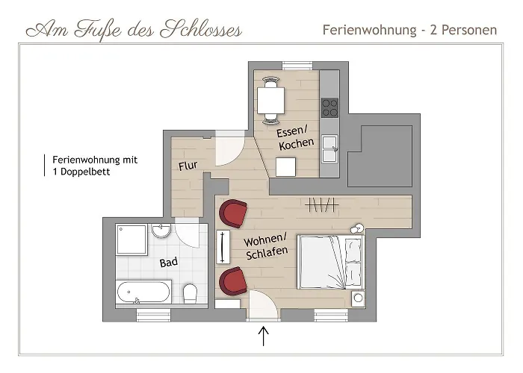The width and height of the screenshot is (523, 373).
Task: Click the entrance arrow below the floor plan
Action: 264,337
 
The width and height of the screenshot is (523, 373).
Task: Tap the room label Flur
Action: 187,166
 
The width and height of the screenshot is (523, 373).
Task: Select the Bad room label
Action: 169,262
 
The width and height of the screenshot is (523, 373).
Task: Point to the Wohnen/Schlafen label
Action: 265,248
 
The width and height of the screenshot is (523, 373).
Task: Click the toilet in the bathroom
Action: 190,292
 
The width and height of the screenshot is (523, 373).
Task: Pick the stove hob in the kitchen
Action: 329,108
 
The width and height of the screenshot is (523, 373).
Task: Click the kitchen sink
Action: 329,148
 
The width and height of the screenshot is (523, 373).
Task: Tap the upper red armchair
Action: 234,214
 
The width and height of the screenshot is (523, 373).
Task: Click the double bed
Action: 330,262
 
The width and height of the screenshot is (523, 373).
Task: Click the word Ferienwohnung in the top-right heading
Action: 368,31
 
